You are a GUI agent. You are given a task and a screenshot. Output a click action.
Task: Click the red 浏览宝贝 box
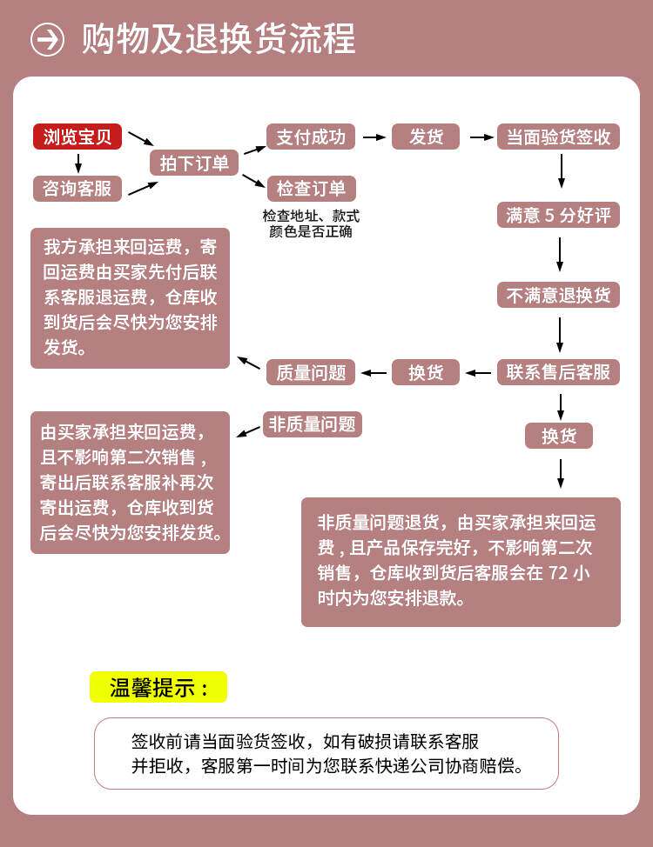77,137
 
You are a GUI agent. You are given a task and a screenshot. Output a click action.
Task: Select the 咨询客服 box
77,188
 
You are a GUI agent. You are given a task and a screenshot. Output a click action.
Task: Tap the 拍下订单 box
194,163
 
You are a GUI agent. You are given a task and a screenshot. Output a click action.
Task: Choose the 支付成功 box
311,137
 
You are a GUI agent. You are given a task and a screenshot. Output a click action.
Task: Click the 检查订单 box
311,188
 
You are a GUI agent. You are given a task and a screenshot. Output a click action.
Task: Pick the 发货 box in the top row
426,137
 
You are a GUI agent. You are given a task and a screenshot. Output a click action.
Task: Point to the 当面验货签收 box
558,137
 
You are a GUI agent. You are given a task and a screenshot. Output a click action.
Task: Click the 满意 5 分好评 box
558,215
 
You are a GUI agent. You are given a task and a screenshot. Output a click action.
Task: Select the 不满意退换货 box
558,295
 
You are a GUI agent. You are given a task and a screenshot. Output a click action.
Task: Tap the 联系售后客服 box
558,372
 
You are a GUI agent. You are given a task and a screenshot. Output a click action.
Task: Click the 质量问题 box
311,372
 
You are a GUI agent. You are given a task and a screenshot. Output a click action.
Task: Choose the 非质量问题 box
312,424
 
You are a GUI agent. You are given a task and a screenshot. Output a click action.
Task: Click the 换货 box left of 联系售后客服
426,372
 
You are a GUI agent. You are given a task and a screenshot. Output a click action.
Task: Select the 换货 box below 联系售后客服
558,436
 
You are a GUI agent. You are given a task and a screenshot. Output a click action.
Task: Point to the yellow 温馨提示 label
158,687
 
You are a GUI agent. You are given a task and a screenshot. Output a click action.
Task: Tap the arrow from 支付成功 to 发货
374,137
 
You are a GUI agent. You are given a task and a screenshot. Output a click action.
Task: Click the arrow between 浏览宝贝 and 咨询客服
78,163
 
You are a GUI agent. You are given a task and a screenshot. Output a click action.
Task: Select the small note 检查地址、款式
311,216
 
